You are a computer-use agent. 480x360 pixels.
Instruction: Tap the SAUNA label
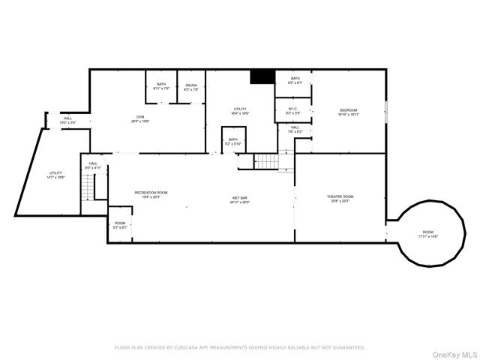point(191,86)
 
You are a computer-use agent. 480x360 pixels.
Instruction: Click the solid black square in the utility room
point(262,76)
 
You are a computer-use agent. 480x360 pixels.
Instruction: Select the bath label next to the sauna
point(161,86)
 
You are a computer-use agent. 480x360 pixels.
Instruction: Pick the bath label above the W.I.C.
point(295,80)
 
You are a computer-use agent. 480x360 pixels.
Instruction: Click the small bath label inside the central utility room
point(233,141)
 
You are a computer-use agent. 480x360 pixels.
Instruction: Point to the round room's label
point(427,233)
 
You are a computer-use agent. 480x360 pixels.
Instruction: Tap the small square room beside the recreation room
point(120,224)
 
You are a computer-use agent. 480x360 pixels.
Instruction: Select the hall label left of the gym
point(67,120)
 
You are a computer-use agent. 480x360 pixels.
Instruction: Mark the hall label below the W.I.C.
point(295,129)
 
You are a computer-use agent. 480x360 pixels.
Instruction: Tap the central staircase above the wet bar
point(265,161)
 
